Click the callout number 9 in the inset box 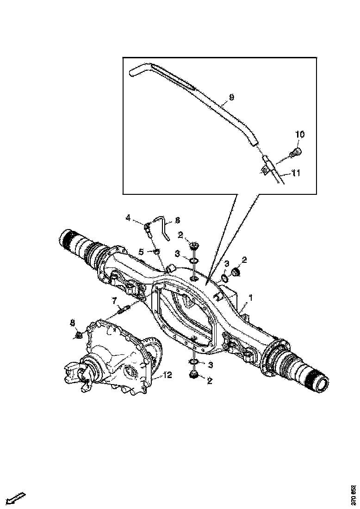click(231, 98)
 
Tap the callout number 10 click(300, 135)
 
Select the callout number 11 click(296, 174)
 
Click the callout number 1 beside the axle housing click(250, 297)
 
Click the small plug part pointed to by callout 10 click(295, 152)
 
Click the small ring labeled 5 click(156, 251)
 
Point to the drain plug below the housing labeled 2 click(194, 375)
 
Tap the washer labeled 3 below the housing click(194, 361)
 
